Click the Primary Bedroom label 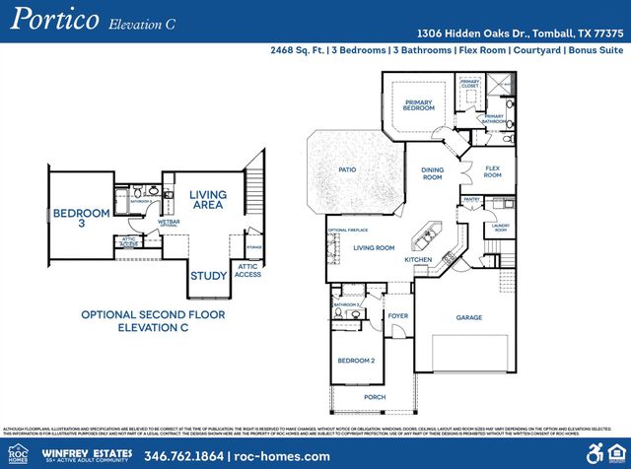coord(418,105)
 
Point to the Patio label coord(347,169)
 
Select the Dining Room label coord(432,173)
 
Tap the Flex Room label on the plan coord(492,172)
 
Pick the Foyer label coord(397,316)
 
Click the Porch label coord(375,397)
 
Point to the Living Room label coord(374,247)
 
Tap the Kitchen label coord(419,259)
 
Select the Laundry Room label coord(500,228)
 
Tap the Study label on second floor coord(208,276)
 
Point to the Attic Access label coord(248,270)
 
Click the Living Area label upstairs coord(207,200)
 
